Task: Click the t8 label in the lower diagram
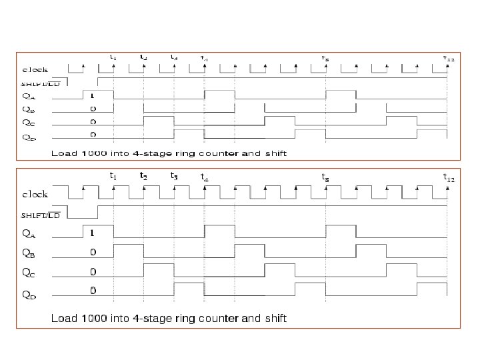(325, 177)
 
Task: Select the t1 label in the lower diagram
(113, 176)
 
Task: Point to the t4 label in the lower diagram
(204, 177)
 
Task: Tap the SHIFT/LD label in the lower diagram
(41, 215)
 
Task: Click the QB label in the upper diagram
(29, 108)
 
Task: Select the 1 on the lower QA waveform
(93, 233)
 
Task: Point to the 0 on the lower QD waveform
(93, 291)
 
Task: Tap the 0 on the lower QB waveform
(93, 252)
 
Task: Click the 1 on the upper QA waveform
(93, 95)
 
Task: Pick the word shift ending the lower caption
(275, 319)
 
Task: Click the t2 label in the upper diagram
(143, 57)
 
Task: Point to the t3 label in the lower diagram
(173, 176)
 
